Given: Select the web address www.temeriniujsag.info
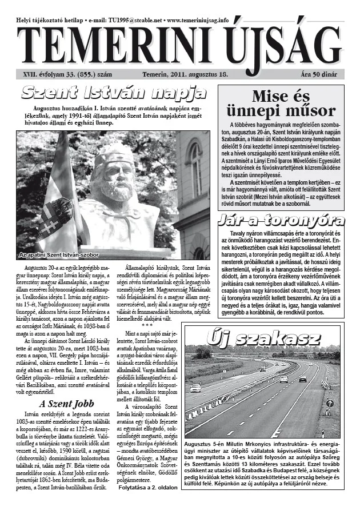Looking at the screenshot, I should (x=197, y=19).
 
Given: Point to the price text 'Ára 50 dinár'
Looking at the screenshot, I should (x=322, y=74).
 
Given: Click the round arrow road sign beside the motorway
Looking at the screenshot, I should (x=329, y=403).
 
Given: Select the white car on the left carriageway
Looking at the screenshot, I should (x=195, y=388).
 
